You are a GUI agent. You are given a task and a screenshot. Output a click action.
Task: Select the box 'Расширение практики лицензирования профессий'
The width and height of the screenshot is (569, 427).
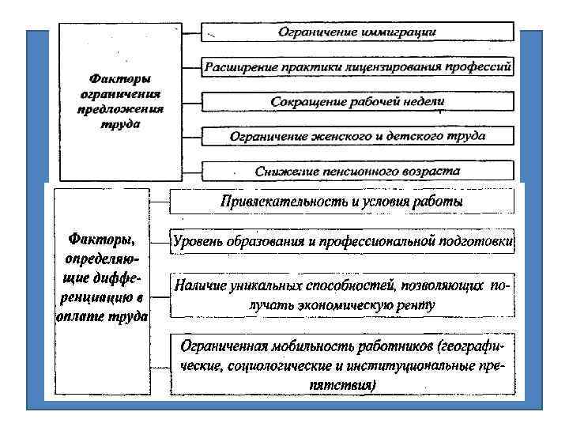coord(357,67)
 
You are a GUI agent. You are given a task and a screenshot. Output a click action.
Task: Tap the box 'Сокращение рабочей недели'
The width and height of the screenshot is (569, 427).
coord(357,102)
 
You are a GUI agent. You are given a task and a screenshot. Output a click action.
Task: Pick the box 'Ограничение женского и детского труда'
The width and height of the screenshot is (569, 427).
coord(357,136)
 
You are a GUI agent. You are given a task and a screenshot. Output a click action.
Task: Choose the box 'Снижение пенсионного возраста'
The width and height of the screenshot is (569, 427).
coord(357,171)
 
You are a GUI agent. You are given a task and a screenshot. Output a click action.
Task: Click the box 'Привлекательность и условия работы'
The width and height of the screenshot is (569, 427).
coord(341,202)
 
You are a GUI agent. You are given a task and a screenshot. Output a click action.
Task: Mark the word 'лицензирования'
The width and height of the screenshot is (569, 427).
coord(378,67)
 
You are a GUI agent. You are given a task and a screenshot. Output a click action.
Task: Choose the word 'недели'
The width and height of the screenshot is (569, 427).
coord(423,102)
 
